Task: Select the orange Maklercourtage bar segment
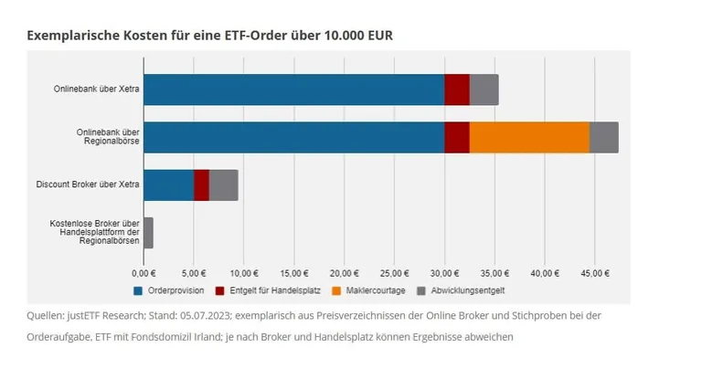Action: pos(528,137)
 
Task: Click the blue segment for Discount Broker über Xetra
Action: pos(168,184)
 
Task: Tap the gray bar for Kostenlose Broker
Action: pos(148,232)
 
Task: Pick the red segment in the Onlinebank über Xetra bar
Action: pos(456,90)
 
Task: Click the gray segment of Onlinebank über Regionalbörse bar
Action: pos(603,137)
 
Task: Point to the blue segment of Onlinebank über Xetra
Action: pos(293,90)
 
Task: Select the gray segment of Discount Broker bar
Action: pos(223,184)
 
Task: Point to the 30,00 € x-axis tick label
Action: pos(444,272)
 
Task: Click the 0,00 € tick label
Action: pos(144,272)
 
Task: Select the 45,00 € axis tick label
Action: pos(594,272)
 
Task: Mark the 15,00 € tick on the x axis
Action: pos(294,272)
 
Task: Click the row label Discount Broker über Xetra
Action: pos(88,184)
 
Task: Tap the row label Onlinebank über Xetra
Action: pos(97,90)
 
